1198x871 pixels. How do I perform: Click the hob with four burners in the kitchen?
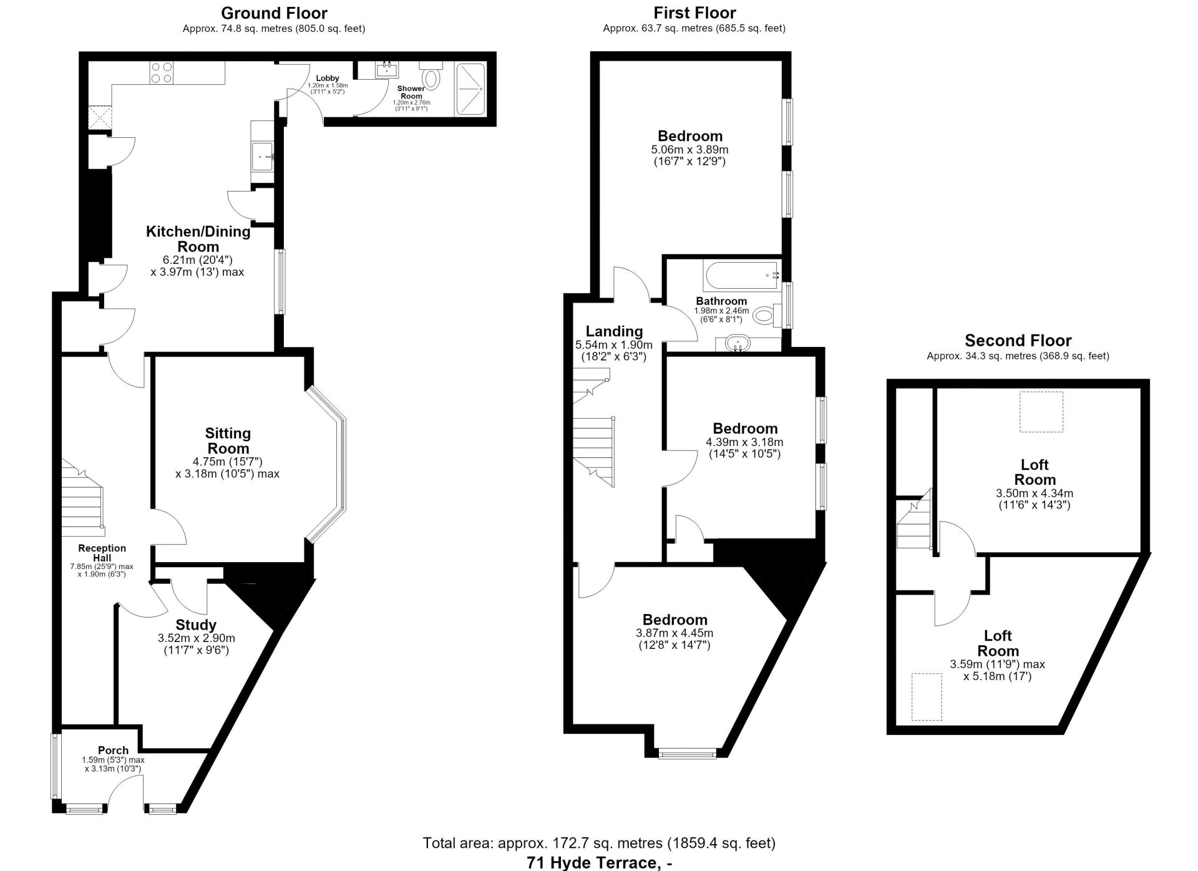click(162, 73)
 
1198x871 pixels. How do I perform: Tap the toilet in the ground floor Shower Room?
click(431, 74)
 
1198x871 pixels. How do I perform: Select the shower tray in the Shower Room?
click(470, 89)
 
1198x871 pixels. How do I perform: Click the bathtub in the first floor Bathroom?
click(742, 275)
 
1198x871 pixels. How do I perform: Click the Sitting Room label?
click(228, 440)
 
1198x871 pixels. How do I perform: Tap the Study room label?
click(196, 625)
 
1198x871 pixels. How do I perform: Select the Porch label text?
click(113, 750)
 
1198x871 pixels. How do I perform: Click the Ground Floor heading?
click(274, 12)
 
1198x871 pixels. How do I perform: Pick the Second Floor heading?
click(1018, 340)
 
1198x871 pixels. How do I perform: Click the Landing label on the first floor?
click(614, 331)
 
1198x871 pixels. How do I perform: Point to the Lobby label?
click(328, 78)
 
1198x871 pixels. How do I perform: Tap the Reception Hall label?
click(102, 553)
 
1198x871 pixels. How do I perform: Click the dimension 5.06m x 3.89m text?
click(689, 150)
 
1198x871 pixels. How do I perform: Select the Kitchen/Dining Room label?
click(198, 239)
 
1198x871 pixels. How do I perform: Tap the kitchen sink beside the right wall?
click(262, 156)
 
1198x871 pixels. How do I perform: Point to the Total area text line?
click(599, 844)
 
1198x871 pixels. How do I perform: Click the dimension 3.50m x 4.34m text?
click(1035, 493)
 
